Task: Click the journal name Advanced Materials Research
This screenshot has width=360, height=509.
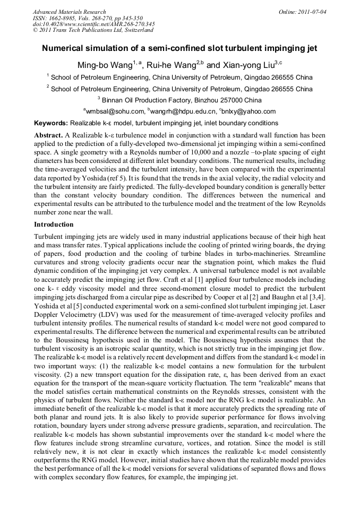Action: pyautogui.click(x=69, y=11)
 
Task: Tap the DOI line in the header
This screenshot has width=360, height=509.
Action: pyautogui.click(x=93, y=24)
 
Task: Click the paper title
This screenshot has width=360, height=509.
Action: pyautogui.click(x=179, y=48)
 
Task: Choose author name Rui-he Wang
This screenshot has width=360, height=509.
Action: pyautogui.click(x=172, y=65)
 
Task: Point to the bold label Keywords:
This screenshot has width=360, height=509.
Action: pyautogui.click(x=51, y=123)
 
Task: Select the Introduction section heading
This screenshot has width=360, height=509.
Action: pyautogui.click(x=54, y=224)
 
